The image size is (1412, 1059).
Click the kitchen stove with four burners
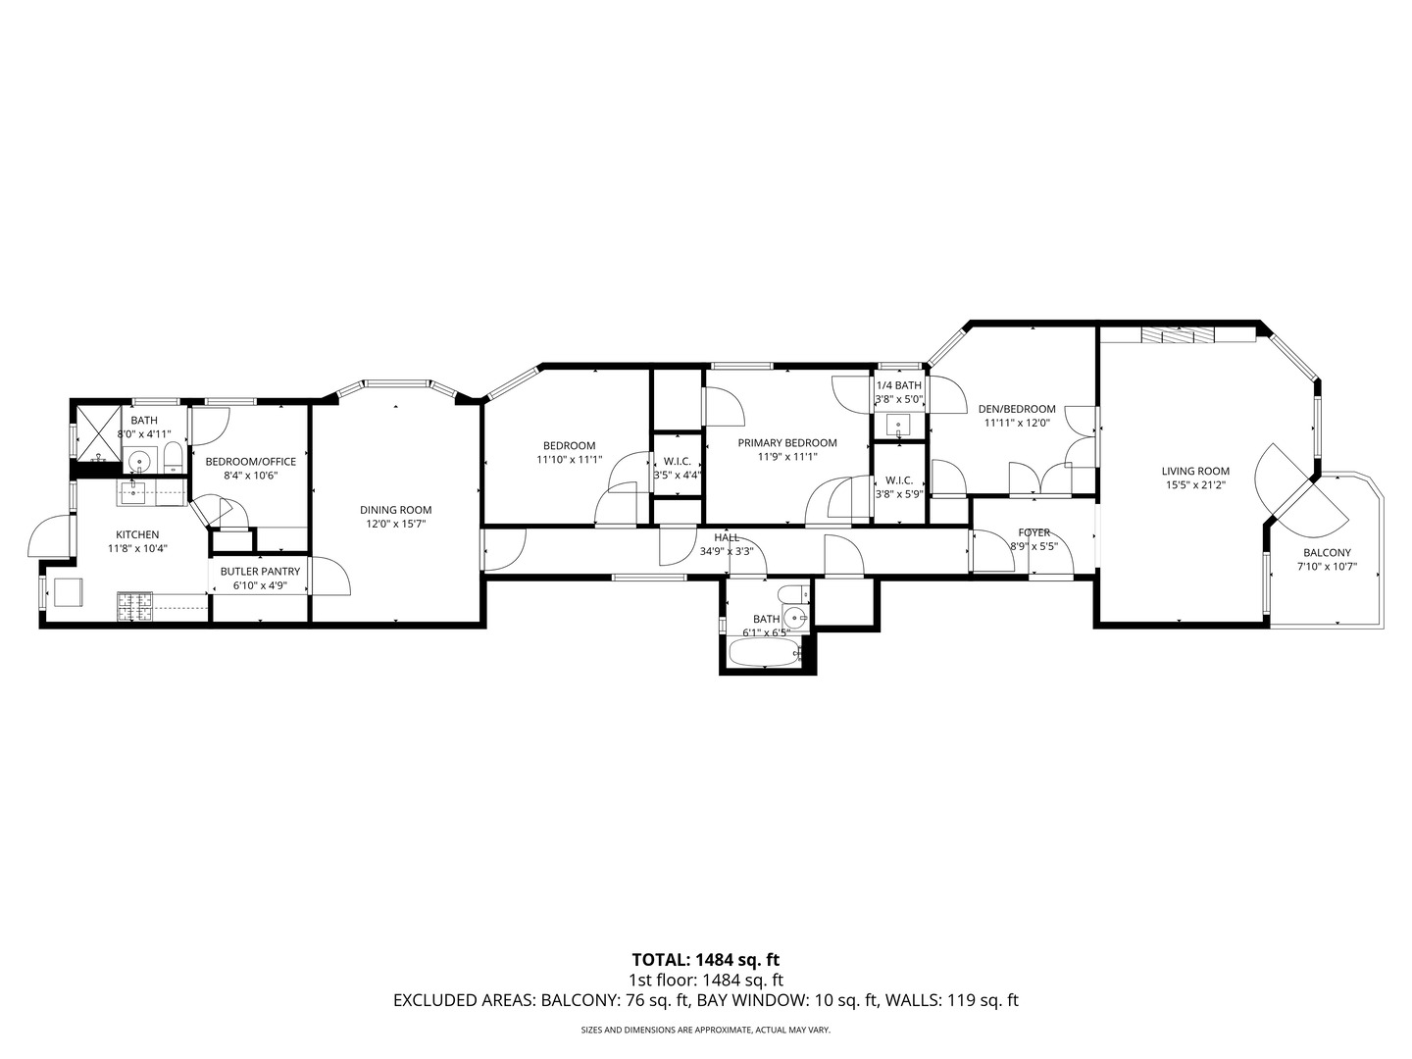point(134,606)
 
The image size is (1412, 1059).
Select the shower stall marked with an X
point(97,431)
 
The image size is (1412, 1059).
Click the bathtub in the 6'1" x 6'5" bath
point(765,652)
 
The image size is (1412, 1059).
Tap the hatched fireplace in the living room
point(1177,335)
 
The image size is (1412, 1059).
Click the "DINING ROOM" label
point(395,509)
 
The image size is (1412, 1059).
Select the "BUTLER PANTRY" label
point(260,571)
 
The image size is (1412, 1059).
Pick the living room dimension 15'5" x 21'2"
point(1196,484)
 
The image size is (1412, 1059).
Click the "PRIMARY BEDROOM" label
point(787,442)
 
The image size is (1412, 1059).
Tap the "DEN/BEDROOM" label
point(1019,409)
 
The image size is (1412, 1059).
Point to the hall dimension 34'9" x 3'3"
point(727,551)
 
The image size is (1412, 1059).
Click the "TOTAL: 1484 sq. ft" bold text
point(705,959)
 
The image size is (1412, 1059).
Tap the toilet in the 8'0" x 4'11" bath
point(173,456)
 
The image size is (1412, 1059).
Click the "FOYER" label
point(1034,532)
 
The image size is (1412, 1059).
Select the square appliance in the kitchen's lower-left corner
point(68,593)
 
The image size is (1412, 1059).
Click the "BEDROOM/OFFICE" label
point(250,461)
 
